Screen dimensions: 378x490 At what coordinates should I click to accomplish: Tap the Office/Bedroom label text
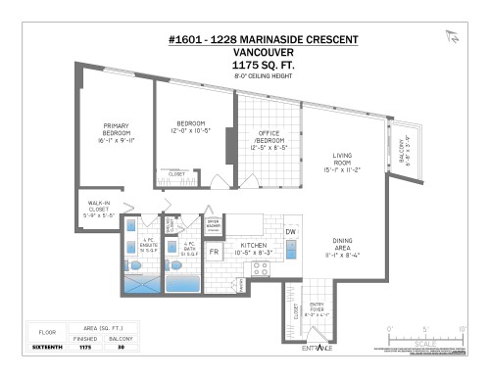click(x=269, y=141)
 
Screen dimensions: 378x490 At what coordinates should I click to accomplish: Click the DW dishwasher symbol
click(x=291, y=231)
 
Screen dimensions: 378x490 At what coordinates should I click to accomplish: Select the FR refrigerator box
click(x=215, y=252)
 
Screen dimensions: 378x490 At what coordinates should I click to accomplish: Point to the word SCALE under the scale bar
click(x=427, y=344)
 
